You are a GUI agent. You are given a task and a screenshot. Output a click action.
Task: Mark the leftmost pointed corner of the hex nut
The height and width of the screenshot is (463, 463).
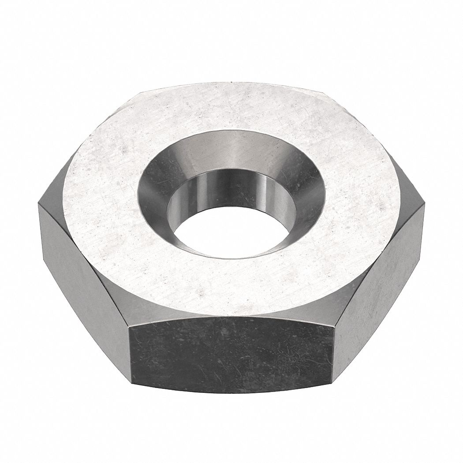[x=39, y=204]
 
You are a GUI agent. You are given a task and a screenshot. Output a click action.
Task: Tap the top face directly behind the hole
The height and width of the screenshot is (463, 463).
[x=231, y=106]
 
